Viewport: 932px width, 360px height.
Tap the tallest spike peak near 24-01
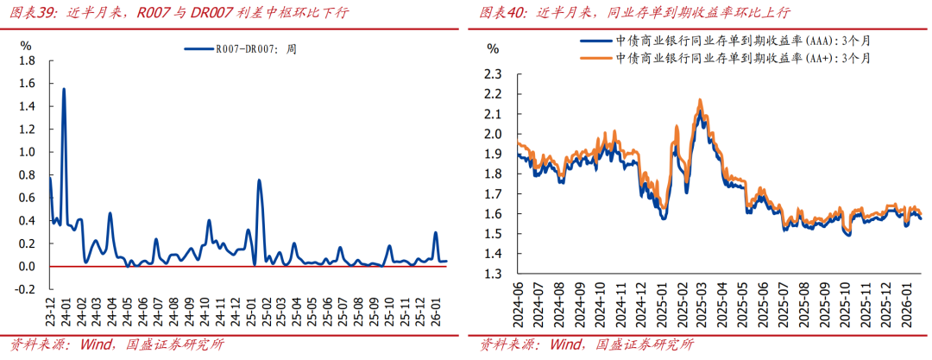click(64, 89)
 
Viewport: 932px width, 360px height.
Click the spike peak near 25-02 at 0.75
click(259, 180)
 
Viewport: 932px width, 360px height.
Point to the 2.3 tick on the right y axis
click(493, 74)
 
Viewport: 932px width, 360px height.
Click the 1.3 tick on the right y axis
click(493, 274)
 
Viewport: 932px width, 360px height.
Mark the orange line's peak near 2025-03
click(699, 99)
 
